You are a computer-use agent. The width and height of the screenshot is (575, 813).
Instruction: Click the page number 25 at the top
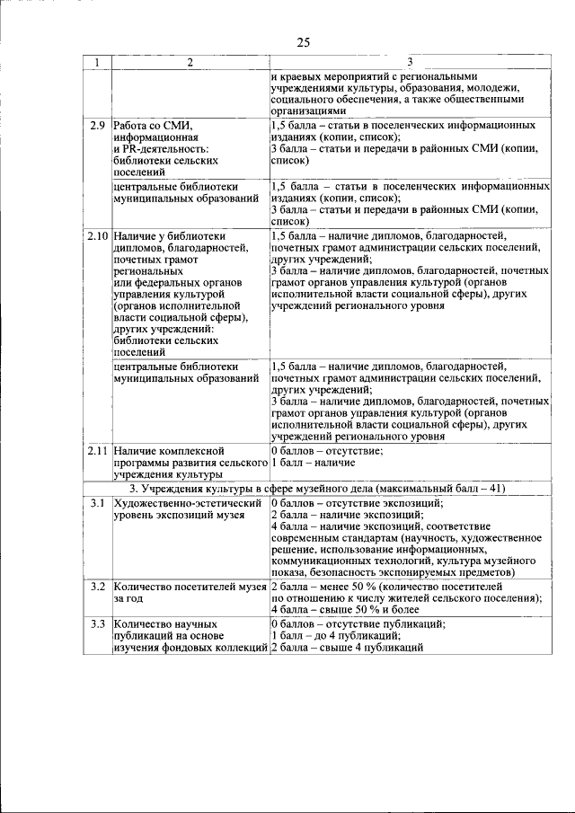tap(303, 42)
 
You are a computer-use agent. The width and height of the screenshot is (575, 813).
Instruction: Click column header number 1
tap(97, 63)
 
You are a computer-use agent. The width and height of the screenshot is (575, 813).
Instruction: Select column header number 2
tap(190, 63)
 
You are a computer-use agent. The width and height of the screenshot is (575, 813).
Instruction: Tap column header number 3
tap(410, 62)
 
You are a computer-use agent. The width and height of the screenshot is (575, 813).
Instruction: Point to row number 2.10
tap(98, 235)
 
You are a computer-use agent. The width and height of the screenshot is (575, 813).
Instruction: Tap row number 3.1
tap(98, 502)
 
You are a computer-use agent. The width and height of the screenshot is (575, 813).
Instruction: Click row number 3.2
tap(98, 586)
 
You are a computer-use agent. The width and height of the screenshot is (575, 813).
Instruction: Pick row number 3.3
tap(98, 623)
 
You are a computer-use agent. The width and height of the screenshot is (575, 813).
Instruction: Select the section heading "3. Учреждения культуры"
tap(210, 489)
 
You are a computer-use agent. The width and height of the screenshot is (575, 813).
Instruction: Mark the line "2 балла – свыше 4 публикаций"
tap(346, 647)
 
